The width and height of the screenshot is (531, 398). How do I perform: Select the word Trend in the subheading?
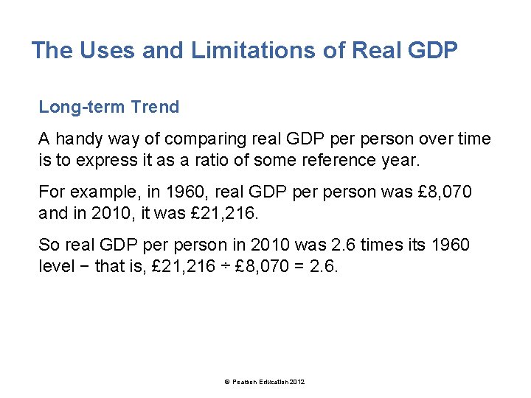(155, 107)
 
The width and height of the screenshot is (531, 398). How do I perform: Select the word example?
(103, 192)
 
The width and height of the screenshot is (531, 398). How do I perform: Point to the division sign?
(224, 266)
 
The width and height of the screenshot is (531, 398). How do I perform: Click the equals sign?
(299, 266)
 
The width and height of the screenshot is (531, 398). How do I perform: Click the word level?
(55, 266)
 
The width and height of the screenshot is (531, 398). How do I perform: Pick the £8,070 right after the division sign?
(263, 266)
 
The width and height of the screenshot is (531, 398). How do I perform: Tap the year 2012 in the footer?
(296, 381)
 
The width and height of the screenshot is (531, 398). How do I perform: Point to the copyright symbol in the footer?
(226, 381)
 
